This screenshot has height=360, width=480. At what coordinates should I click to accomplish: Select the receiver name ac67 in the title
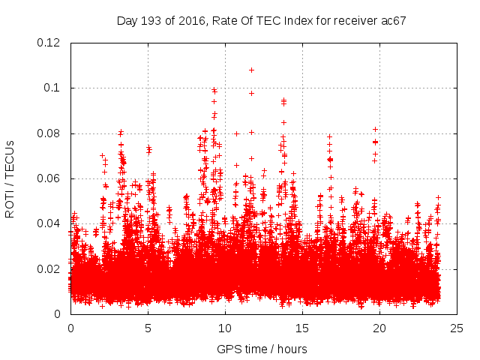coord(394,21)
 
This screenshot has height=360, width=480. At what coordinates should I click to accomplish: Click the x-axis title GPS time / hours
coord(262,349)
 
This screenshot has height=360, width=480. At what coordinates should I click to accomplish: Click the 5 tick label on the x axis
coord(148,328)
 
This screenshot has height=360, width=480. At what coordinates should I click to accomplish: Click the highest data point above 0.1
coord(251,70)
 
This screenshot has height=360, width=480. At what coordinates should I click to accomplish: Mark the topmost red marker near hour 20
coord(375,129)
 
